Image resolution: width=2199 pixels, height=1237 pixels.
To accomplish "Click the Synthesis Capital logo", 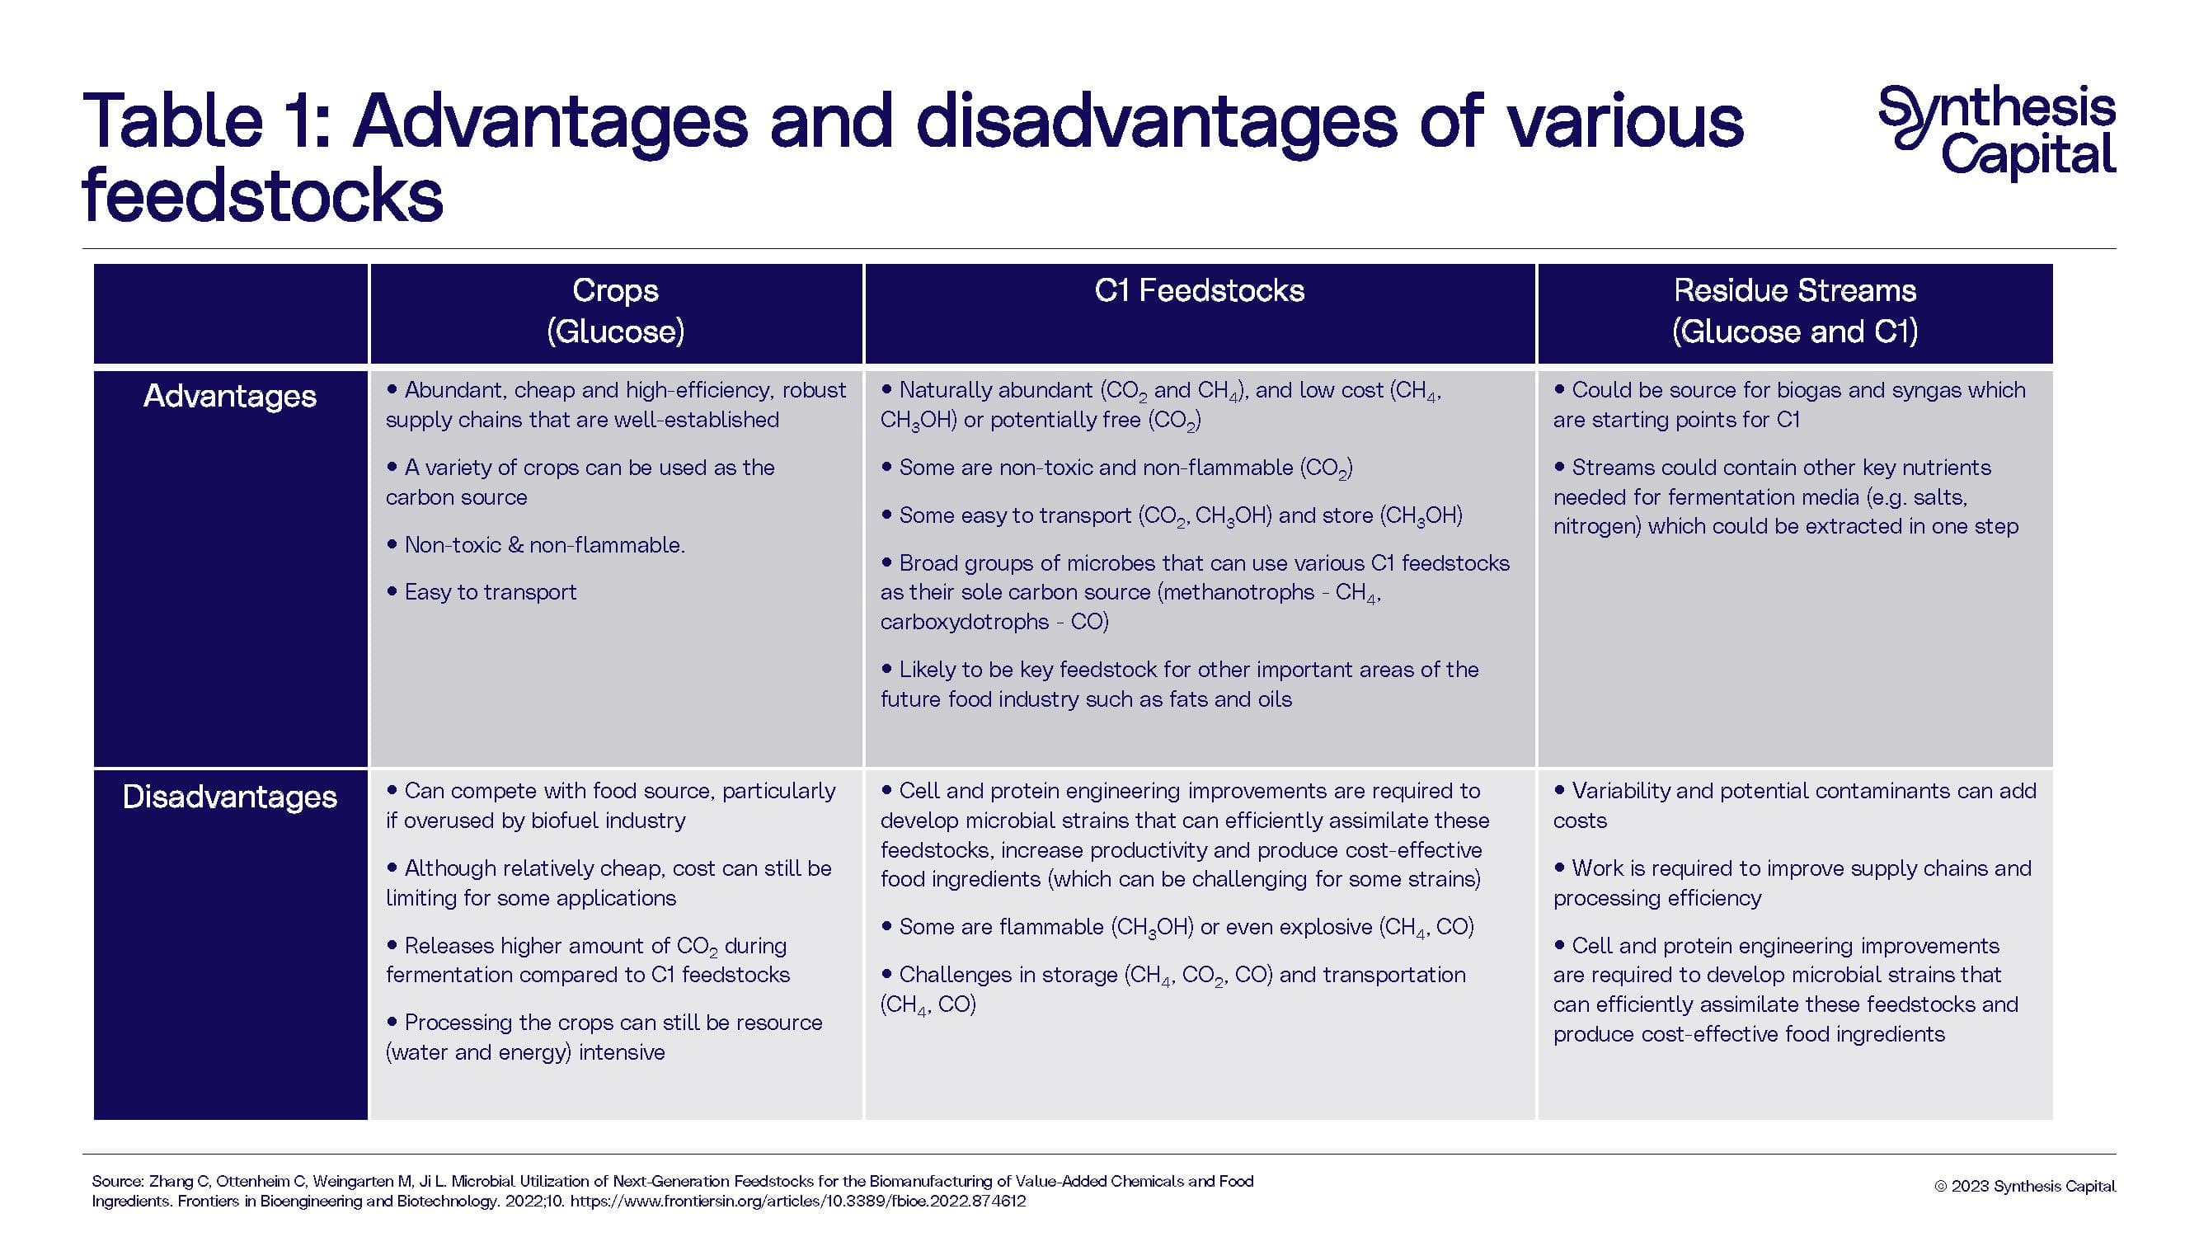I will [1996, 132].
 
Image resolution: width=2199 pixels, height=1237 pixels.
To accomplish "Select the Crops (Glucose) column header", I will [614, 312].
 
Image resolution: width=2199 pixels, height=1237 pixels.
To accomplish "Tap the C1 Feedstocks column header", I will [1199, 291].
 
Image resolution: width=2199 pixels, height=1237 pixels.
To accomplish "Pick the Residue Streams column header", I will [1794, 312].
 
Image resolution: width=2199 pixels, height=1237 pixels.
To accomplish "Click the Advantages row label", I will [230, 396].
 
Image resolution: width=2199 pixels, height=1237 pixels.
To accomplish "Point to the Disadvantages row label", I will [230, 797].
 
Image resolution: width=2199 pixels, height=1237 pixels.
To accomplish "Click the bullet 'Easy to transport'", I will [490, 592].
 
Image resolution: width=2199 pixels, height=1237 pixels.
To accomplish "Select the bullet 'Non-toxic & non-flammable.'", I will [544, 544].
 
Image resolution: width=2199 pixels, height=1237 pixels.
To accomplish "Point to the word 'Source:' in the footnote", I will [117, 1182].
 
